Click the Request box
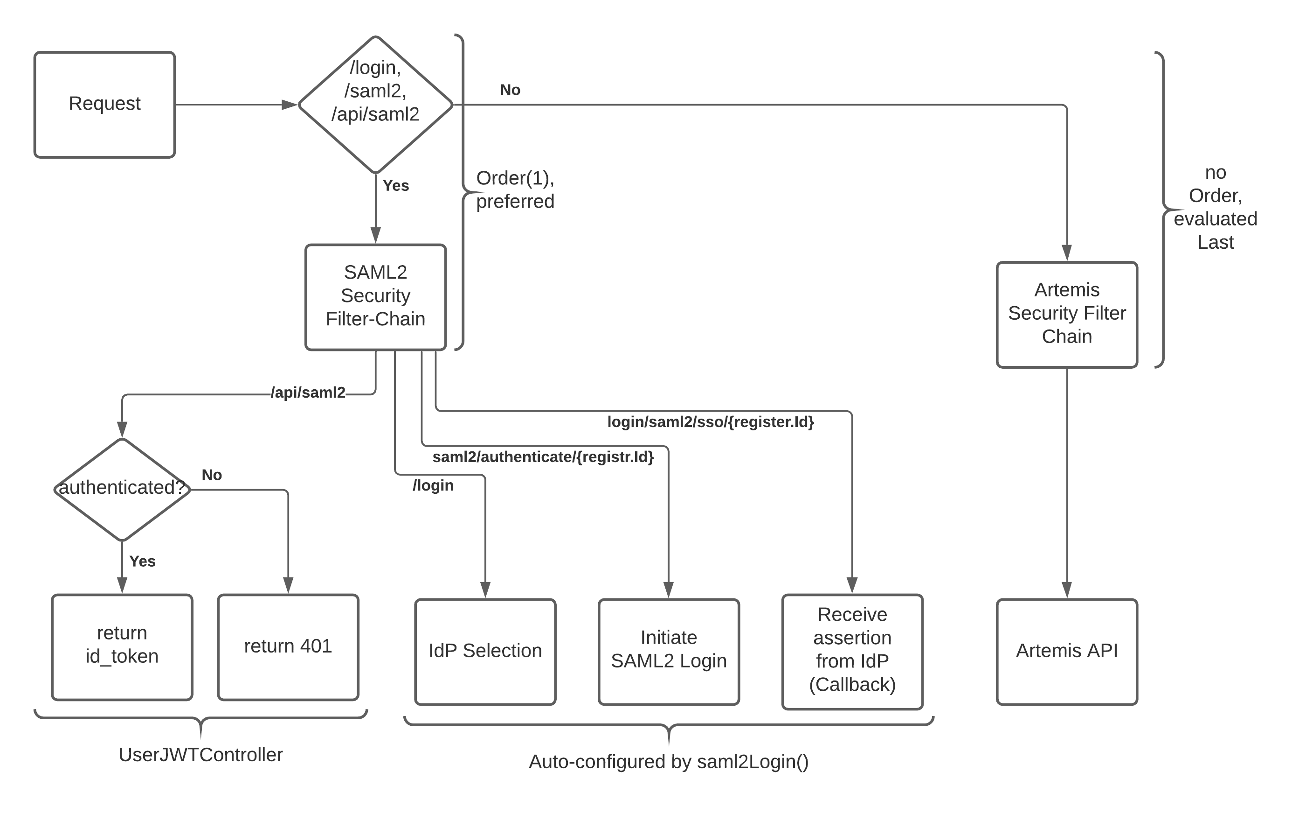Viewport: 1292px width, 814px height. point(104,105)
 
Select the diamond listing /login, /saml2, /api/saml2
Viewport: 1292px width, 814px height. point(376,105)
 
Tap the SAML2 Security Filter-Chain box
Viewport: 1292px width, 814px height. point(376,297)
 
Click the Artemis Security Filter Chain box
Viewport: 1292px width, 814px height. point(1067,314)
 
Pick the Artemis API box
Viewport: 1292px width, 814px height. point(1067,651)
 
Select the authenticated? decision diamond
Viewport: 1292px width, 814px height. point(122,489)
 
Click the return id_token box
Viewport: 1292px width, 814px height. point(122,646)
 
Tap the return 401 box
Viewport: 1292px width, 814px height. point(288,646)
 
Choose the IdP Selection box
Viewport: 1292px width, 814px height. point(485,651)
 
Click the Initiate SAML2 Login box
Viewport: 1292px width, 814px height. point(669,651)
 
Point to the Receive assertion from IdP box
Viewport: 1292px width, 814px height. point(852,651)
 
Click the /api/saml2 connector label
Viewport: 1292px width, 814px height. point(308,393)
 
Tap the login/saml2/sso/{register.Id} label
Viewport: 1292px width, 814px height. point(711,422)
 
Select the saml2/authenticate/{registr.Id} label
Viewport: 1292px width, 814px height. point(543,457)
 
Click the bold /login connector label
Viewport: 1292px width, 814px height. point(433,485)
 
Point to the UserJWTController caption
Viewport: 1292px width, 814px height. point(200,754)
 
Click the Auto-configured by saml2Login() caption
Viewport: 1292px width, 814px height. point(669,761)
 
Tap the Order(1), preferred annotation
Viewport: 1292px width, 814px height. point(515,189)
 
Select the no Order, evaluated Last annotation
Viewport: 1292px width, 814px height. point(1215,207)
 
